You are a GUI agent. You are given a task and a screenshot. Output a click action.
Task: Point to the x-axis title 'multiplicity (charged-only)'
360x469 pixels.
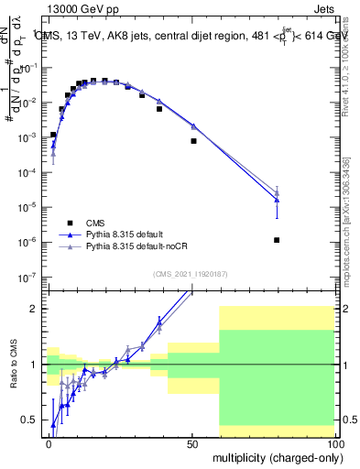(x=276, y=455)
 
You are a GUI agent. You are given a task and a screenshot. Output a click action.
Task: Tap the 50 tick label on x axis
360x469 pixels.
(x=192, y=443)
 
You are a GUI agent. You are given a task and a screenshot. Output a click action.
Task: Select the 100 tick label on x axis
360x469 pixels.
(x=334, y=443)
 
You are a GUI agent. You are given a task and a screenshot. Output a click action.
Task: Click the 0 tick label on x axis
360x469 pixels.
(x=49, y=443)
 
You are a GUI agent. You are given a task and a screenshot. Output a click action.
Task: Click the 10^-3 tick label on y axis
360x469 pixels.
(x=29, y=136)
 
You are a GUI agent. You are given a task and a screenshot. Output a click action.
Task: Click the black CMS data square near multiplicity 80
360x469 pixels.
(x=277, y=240)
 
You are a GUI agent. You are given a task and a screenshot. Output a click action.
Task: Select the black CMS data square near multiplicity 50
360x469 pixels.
(x=193, y=141)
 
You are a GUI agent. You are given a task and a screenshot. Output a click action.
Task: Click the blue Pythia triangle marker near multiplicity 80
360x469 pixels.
(x=277, y=200)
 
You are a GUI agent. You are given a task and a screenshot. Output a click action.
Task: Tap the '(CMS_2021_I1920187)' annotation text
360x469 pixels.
(x=191, y=273)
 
